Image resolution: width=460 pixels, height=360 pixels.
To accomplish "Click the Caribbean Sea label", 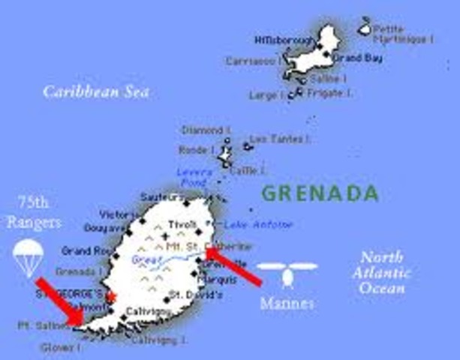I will tap(96, 92).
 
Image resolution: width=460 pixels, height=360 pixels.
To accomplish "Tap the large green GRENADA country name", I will tap(320, 193).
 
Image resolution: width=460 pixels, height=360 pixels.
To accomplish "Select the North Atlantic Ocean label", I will tap(385, 273).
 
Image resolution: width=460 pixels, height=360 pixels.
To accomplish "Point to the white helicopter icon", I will tap(286, 273).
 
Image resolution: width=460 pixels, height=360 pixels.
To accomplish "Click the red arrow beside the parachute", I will tap(61, 301).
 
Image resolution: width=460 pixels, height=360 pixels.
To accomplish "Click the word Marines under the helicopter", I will tap(286, 304).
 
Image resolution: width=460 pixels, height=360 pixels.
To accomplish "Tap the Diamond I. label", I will tap(203, 130).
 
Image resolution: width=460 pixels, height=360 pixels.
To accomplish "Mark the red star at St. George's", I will tap(112, 297).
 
